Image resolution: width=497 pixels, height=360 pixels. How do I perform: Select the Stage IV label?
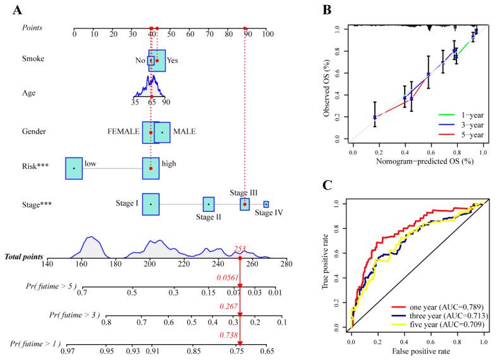(x=269, y=213)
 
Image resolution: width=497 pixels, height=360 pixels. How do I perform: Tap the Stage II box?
(x=209, y=204)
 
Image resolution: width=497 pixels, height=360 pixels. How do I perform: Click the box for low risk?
(x=74, y=168)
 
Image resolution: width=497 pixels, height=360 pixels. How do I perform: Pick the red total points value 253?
(x=240, y=249)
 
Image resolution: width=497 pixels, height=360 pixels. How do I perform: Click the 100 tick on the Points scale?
(x=266, y=34)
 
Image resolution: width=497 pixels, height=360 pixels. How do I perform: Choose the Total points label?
(x=24, y=257)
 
